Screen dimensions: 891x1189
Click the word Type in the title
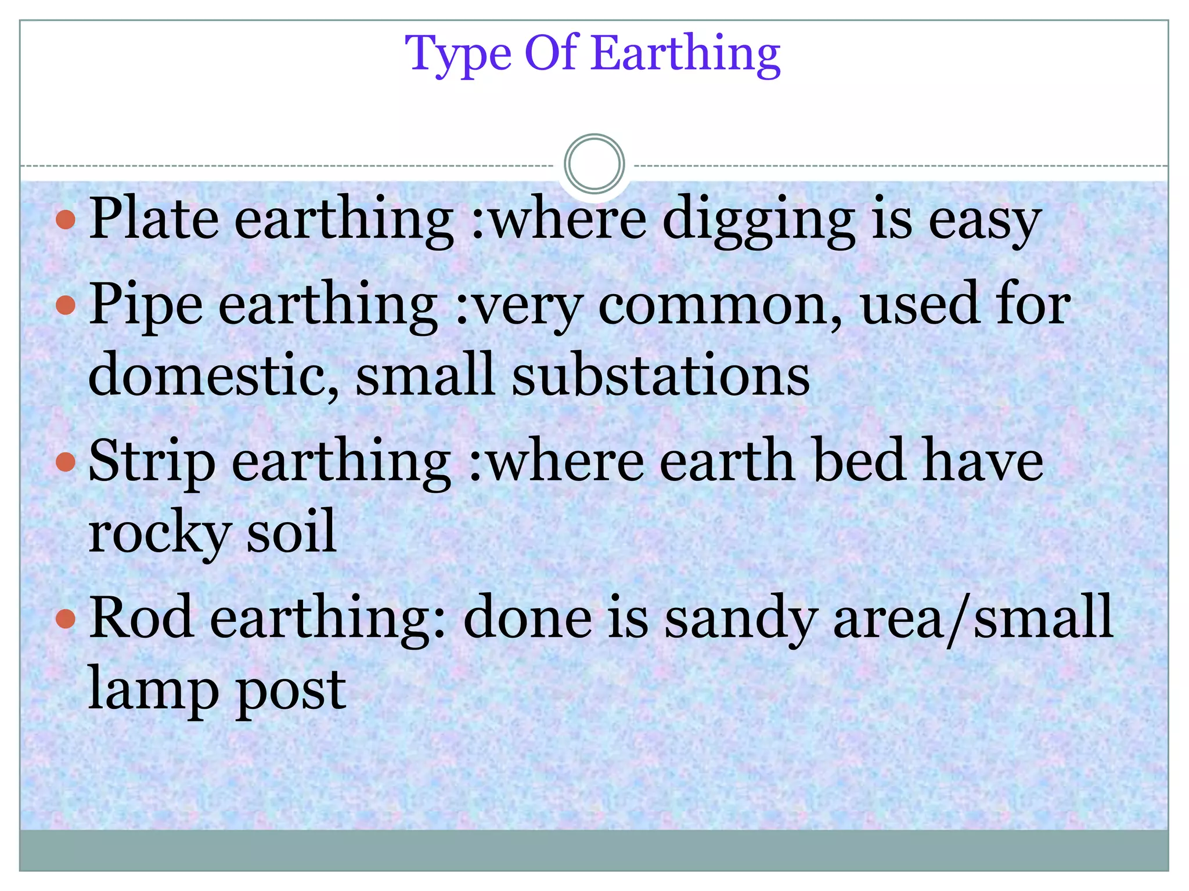point(458,54)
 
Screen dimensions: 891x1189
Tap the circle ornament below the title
point(594,164)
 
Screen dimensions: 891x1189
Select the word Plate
point(154,219)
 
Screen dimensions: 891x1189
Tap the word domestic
point(212,374)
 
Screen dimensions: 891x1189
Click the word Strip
point(152,461)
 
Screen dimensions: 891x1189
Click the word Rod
point(142,618)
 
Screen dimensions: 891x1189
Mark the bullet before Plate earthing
point(66,219)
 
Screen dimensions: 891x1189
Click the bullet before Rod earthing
point(66,619)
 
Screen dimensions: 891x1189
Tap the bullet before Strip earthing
point(66,462)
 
